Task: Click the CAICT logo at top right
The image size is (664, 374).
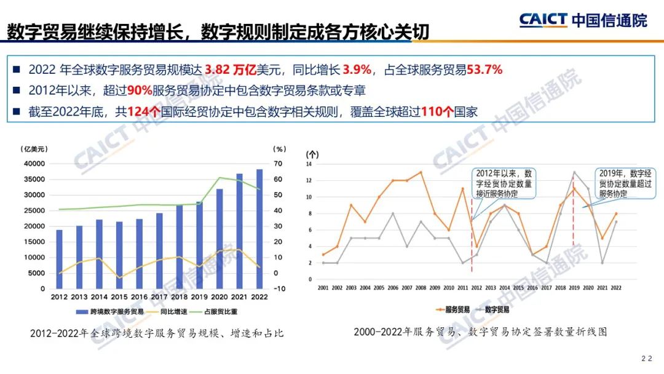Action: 583,20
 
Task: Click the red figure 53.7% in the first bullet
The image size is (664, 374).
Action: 483,70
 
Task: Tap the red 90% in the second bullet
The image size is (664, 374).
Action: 138,91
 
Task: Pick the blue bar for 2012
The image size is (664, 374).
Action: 60,259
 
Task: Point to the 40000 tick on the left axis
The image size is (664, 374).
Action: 34,164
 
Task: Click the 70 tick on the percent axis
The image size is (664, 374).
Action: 279,164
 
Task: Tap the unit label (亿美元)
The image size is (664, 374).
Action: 34,149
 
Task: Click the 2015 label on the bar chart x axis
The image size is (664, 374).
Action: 119,298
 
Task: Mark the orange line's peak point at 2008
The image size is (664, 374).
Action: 421,172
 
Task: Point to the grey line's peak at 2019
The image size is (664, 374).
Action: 574,172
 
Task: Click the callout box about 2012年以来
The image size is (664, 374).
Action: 504,184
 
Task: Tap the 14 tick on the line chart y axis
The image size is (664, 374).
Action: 310,164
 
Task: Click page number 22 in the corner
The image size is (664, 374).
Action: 647,359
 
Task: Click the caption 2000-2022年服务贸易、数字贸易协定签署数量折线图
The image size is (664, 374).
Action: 480,332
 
